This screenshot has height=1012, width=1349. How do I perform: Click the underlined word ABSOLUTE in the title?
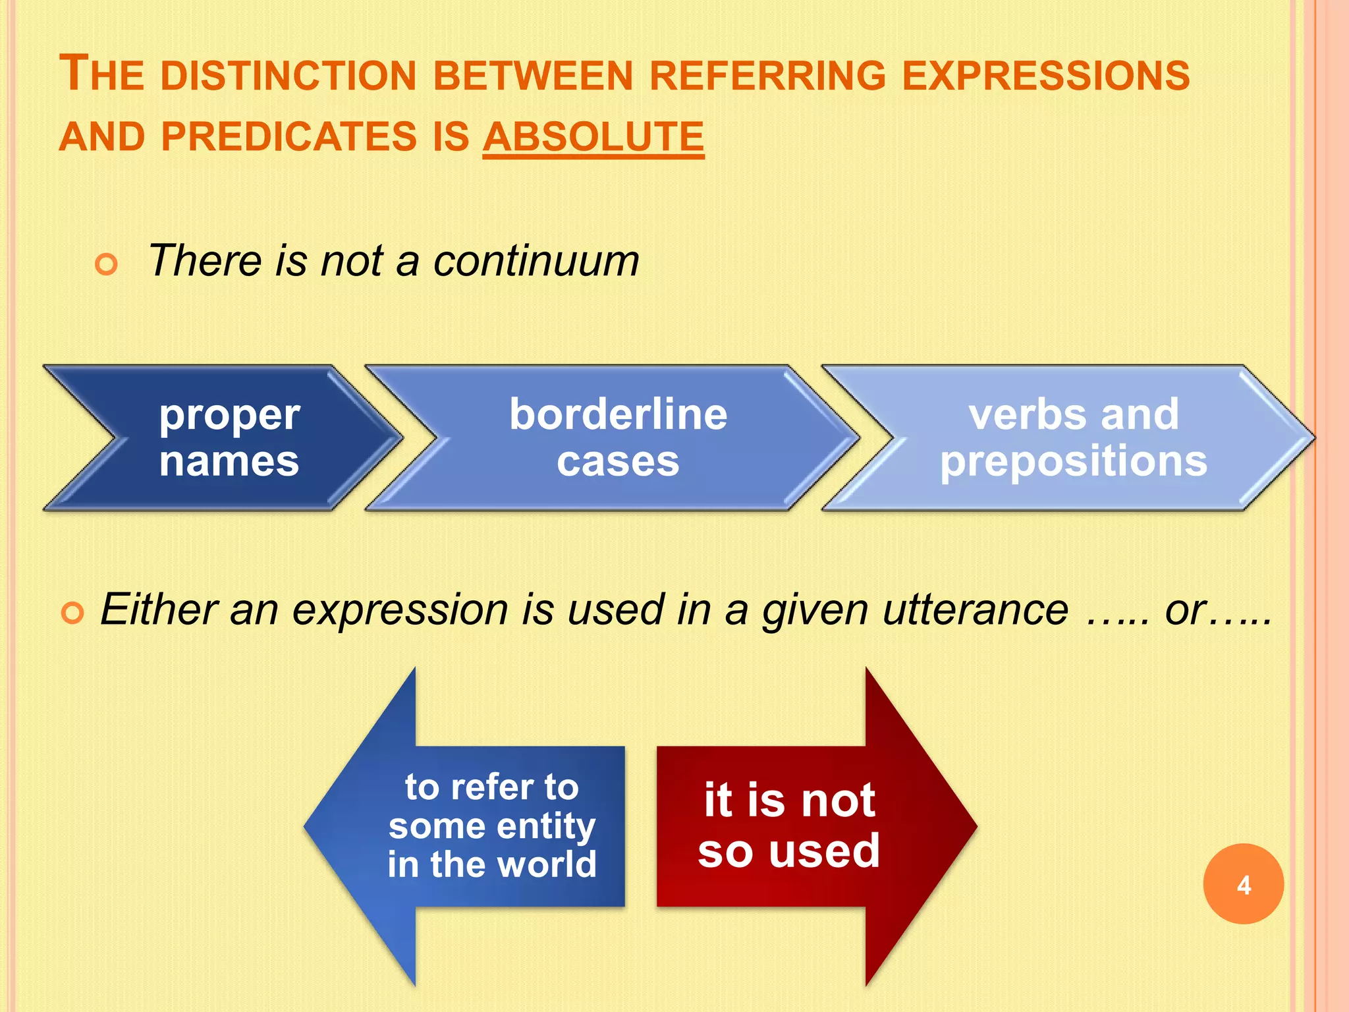(x=593, y=137)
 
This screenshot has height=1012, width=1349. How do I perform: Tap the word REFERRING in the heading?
(x=767, y=75)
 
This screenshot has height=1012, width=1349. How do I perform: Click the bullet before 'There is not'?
(x=106, y=264)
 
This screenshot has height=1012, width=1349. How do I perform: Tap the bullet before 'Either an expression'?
(x=72, y=613)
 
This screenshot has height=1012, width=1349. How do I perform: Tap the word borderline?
(x=618, y=414)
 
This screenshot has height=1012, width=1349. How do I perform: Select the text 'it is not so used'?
(x=789, y=826)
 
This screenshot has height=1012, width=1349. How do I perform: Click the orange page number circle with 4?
(x=1243, y=884)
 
